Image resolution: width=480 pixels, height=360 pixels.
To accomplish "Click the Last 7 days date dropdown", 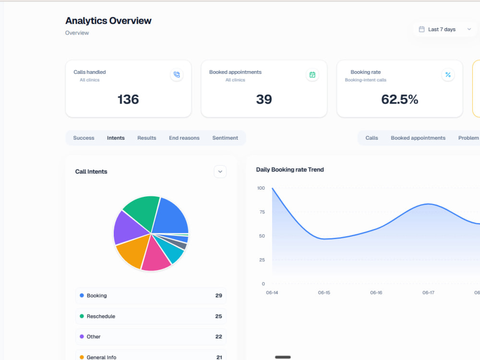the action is coord(445,29).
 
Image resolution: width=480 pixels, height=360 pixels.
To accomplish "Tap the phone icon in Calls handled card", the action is coord(177,75).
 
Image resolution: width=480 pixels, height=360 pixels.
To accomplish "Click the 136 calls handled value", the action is coord(128,99).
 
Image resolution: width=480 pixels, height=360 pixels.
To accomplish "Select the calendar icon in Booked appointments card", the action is coord(312,75).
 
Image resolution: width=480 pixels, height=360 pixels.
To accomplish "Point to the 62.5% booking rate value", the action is coord(399,99).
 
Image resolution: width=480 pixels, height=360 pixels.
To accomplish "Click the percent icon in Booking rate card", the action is coord(448,75).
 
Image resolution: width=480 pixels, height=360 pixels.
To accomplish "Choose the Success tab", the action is coord(84,138).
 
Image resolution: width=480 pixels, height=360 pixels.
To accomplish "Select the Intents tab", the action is coord(116,138).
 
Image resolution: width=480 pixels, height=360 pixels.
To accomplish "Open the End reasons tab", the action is coord(184,138).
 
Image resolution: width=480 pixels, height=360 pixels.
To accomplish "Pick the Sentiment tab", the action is coord(225,138).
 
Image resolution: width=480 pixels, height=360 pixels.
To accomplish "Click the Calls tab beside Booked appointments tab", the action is coord(372,138).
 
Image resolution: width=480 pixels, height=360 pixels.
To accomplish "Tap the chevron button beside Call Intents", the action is coord(220,172).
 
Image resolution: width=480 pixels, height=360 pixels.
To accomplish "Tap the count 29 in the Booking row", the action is coord(218,296).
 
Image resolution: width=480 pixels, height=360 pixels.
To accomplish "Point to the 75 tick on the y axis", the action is coord(262,212).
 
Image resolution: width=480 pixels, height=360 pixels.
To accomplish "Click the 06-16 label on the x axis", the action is coord(376,293).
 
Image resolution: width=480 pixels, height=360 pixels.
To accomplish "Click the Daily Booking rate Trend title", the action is coord(290,169).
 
